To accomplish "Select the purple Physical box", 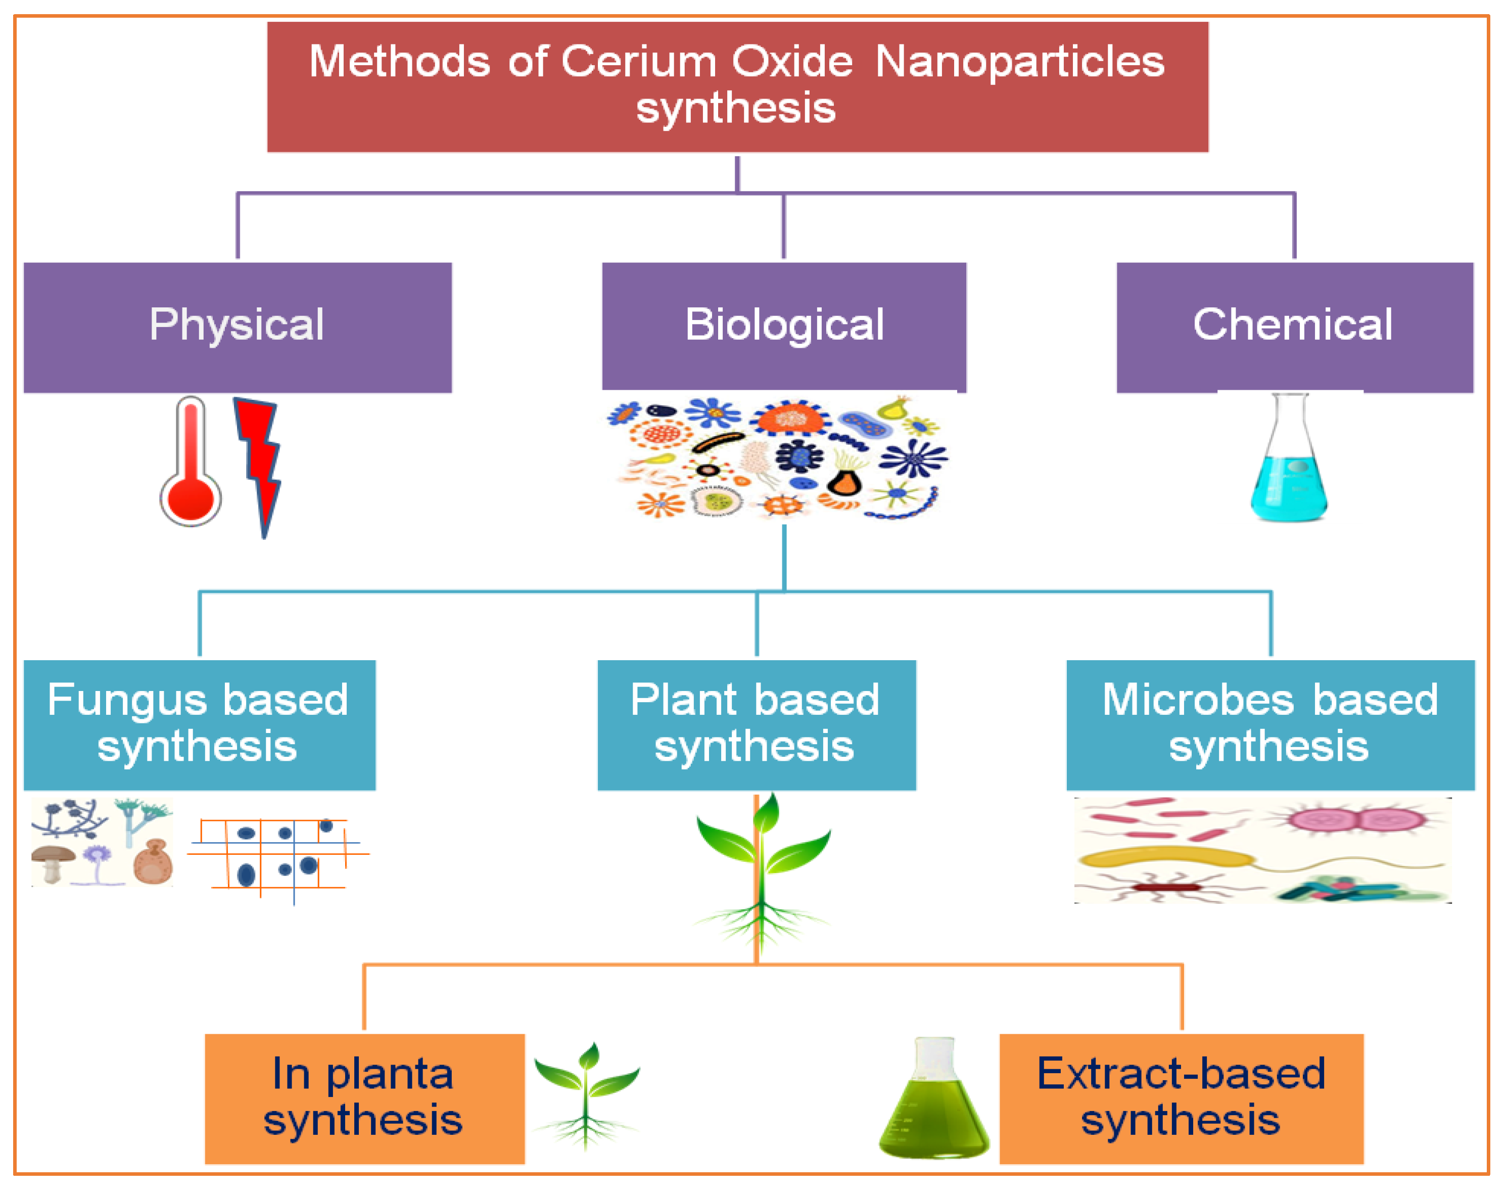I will [238, 327].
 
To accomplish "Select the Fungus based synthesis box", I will [199, 724].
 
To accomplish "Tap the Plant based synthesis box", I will [757, 724].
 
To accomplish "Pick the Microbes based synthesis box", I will [1270, 724].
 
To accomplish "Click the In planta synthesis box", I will [364, 1098].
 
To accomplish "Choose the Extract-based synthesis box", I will [1181, 1098].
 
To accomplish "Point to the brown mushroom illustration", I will [53, 861].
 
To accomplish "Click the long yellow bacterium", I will [1164, 857].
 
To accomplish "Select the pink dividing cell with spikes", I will [1356, 819].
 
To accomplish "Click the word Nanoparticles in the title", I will [1020, 62].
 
